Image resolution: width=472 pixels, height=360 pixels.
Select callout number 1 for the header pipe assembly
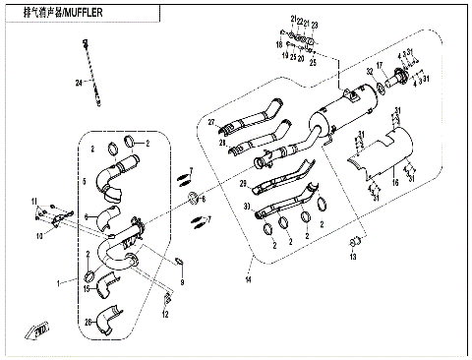click(59, 282)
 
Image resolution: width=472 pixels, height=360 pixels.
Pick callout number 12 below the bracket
click(166, 314)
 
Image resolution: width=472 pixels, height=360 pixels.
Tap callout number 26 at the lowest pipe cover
click(88, 321)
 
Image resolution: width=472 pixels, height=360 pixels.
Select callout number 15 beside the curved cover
click(87, 289)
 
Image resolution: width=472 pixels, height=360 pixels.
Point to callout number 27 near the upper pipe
click(210, 122)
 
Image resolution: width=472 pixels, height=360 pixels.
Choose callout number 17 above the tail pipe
click(380, 66)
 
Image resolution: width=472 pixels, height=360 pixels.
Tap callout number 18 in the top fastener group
click(278, 45)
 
